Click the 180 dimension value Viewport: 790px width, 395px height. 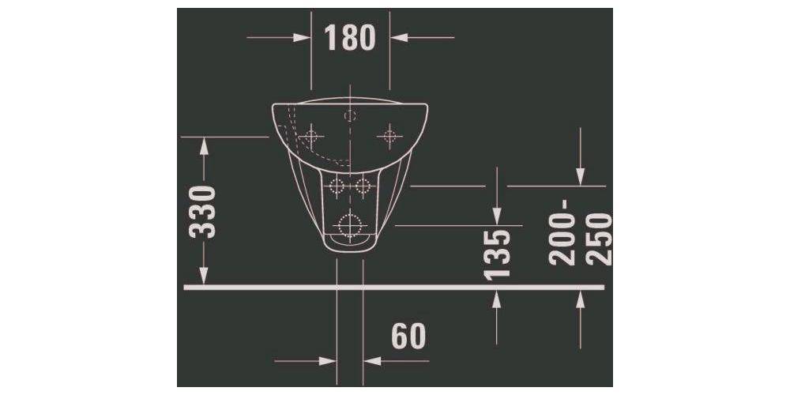click(351, 37)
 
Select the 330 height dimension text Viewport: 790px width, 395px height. click(205, 212)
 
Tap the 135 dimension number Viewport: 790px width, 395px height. click(497, 254)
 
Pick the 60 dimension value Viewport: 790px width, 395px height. click(408, 337)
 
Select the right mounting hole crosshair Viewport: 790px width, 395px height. click(388, 136)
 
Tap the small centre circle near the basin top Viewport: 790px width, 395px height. click(350, 115)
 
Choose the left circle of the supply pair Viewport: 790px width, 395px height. click(337, 186)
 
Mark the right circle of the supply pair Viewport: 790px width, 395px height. click(363, 186)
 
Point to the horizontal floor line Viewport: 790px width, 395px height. click(395, 288)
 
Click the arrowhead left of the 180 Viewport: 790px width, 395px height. click(302, 37)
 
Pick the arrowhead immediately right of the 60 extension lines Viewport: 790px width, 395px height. click(372, 361)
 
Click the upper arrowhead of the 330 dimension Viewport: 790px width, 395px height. click(205, 145)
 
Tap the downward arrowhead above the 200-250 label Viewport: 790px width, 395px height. click(581, 177)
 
